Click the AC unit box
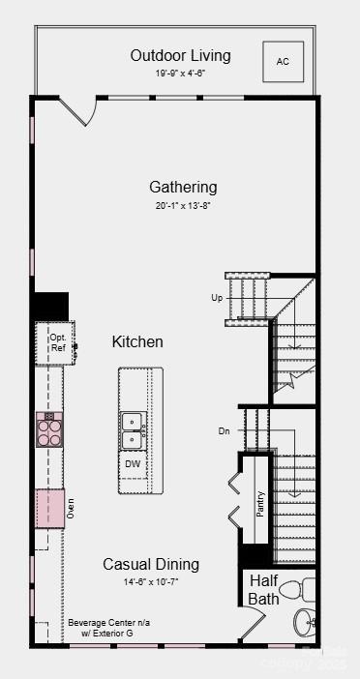pyautogui.click(x=283, y=61)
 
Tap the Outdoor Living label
pyautogui.click(x=181, y=55)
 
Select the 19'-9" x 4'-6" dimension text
pyautogui.click(x=181, y=73)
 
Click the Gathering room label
pyautogui.click(x=183, y=187)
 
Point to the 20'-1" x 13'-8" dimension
pyautogui.click(x=183, y=205)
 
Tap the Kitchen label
pyautogui.click(x=137, y=341)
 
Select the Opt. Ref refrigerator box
pyautogui.click(x=57, y=342)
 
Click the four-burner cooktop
pyautogui.click(x=49, y=428)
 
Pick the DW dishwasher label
pyautogui.click(x=134, y=464)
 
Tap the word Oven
pyautogui.click(x=71, y=507)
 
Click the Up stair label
pyautogui.click(x=217, y=297)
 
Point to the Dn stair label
pyautogui.click(x=225, y=430)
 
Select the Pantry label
pyautogui.click(x=260, y=503)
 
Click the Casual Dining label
pyautogui.click(x=151, y=564)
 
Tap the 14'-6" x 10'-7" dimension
pyautogui.click(x=151, y=581)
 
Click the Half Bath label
pyautogui.click(x=264, y=589)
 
